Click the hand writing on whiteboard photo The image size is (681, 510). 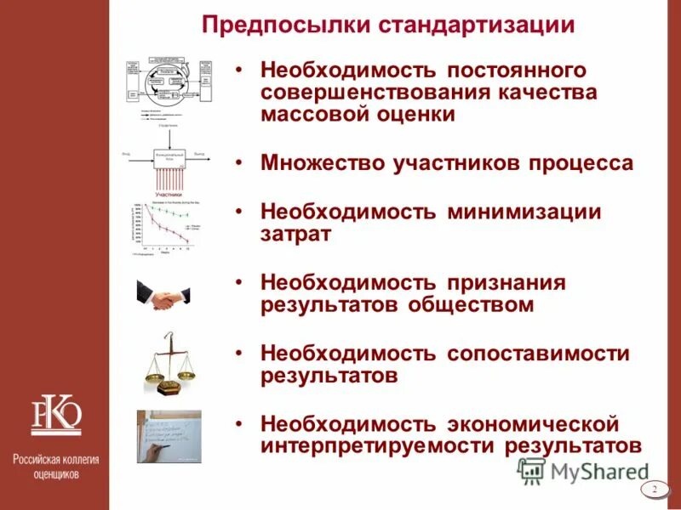point(169,435)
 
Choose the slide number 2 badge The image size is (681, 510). point(655,489)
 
